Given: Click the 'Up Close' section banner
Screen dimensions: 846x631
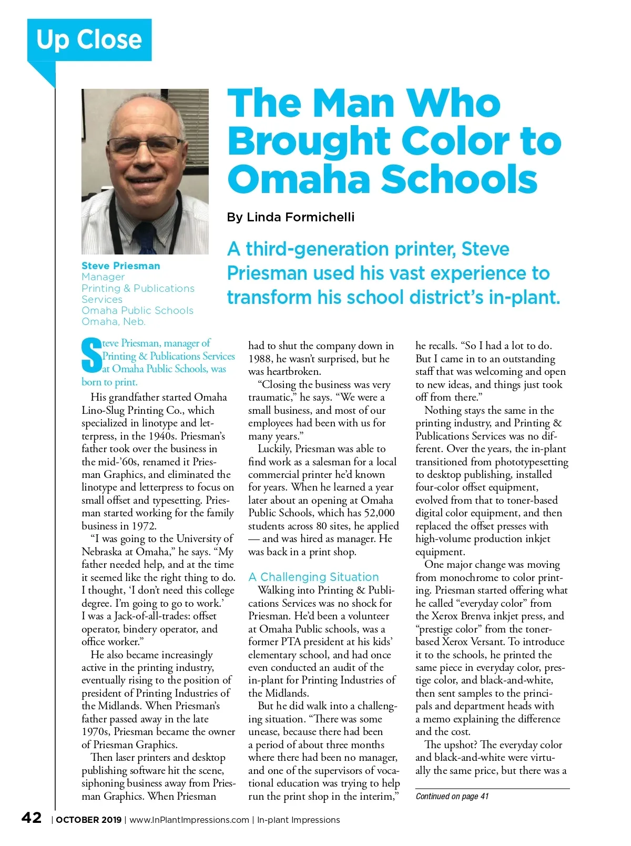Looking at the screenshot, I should pyautogui.click(x=89, y=40).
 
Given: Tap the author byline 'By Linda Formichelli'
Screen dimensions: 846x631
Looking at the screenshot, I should pyautogui.click(x=290, y=217).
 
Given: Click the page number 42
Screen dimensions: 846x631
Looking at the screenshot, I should pyautogui.click(x=32, y=818).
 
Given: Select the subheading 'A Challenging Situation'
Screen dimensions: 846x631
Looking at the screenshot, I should pyautogui.click(x=313, y=577).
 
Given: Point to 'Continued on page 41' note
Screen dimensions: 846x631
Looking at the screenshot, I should pyautogui.click(x=452, y=796).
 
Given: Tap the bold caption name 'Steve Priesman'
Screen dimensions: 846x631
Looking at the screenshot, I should pyautogui.click(x=120, y=266).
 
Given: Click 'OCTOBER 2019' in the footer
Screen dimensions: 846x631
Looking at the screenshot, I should pyautogui.click(x=88, y=820).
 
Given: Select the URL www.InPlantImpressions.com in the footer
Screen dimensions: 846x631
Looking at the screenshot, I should pyautogui.click(x=189, y=820).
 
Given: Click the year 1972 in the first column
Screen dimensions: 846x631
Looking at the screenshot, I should pyautogui.click(x=143, y=526).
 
